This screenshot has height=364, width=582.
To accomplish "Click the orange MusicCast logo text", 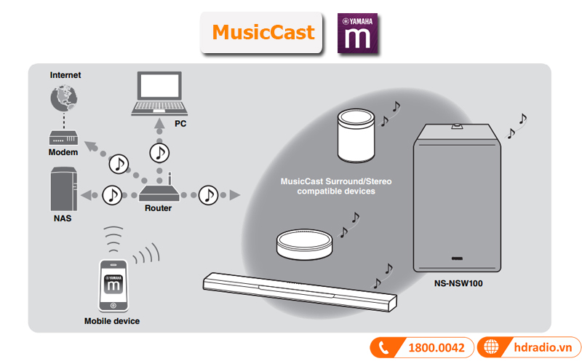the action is [263, 32].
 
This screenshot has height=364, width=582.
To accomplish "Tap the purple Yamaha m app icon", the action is [357, 33].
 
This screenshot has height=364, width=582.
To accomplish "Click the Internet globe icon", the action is [64, 98].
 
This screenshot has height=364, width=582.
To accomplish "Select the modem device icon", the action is [63, 138].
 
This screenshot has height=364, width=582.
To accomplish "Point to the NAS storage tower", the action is [64, 189].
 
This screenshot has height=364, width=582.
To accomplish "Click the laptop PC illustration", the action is [159, 94].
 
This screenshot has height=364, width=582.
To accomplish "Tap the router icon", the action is [159, 189].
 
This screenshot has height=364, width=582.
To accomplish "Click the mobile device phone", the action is [113, 285].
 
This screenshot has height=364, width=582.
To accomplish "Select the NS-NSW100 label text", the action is [458, 283].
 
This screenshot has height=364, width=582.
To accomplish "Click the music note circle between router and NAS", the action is [112, 195].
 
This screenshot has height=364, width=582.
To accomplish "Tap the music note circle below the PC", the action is [159, 153].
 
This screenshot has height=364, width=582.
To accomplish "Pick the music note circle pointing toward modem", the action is [119, 164].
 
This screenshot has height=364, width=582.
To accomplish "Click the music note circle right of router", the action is [208, 195].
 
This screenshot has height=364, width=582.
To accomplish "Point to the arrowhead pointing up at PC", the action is [159, 123].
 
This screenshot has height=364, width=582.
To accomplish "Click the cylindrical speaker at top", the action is [356, 135].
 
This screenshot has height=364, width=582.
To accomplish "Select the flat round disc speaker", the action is [304, 244].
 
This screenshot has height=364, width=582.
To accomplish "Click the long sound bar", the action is [300, 292].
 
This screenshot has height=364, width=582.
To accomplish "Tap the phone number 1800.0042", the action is [436, 348].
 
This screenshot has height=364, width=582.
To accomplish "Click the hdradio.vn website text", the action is [543, 347].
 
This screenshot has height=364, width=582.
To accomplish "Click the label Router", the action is [158, 208].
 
